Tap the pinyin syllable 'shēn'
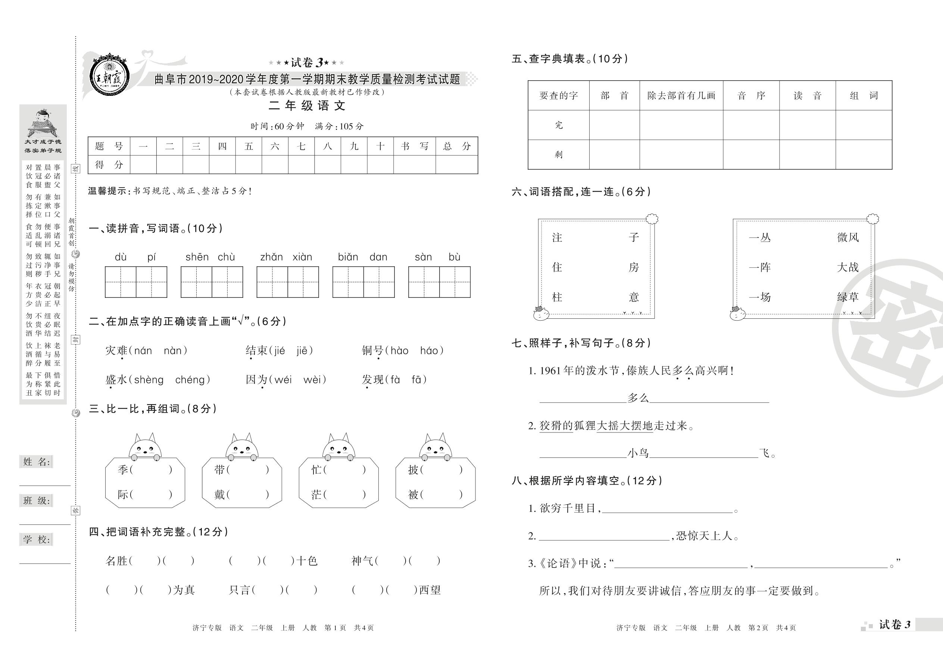(197, 257)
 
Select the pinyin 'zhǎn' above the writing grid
(271, 257)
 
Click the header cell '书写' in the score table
(414, 146)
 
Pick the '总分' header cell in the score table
(456, 146)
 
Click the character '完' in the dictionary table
(559, 125)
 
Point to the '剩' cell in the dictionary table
(559, 154)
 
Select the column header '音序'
(751, 96)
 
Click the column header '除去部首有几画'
(681, 96)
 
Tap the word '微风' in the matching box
(847, 237)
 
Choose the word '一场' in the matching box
(760, 297)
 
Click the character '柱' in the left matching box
(557, 297)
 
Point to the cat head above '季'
(145, 446)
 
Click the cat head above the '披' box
(435, 446)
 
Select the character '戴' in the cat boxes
(219, 494)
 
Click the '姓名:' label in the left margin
(37, 462)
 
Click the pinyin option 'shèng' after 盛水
(149, 380)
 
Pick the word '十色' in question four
(307, 561)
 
